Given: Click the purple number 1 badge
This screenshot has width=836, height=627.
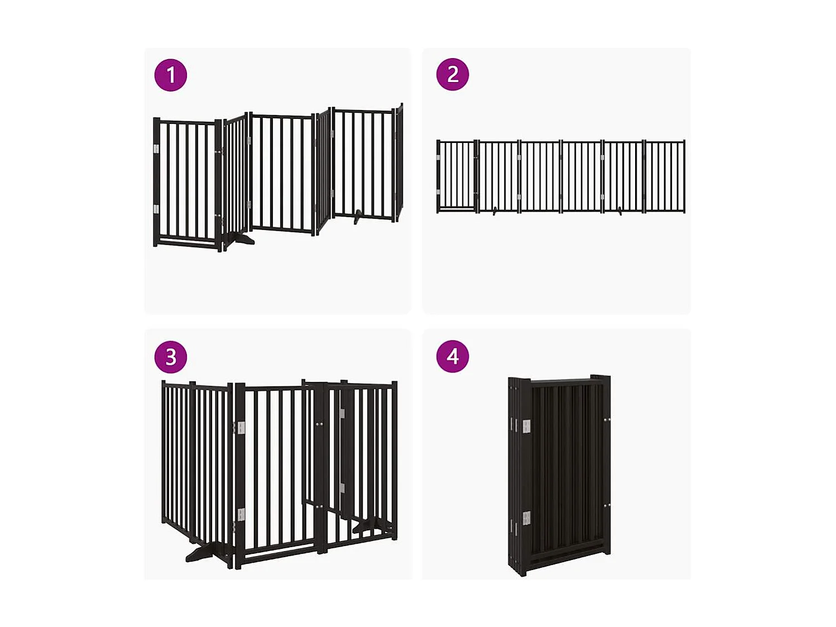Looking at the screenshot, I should point(171,75).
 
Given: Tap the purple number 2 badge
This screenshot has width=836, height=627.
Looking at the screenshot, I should point(453,74).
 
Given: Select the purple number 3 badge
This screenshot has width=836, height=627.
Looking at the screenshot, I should point(171,357).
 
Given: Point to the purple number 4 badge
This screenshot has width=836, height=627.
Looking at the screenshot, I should point(453,356).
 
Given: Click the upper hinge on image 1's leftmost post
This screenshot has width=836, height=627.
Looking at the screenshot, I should point(156,149).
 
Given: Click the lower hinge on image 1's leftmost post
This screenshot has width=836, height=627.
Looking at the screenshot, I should point(156,209).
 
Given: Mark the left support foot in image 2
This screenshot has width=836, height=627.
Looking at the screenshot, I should point(494,211).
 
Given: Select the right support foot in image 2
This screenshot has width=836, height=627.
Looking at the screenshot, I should point(620,210).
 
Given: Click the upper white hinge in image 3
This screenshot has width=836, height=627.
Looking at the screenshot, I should point(241,428).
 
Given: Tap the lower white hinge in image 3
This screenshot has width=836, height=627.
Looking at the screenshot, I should point(241,514).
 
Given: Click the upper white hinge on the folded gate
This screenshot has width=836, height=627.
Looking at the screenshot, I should point(526,427).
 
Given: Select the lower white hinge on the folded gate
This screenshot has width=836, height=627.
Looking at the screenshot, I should point(526,518).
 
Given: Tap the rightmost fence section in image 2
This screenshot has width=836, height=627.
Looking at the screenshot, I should point(665,176).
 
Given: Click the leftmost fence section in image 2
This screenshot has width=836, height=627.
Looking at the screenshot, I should point(457,176).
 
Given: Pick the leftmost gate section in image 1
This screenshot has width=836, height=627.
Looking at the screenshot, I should point(187,184).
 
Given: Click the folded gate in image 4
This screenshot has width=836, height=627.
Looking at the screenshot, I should point(559,475).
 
